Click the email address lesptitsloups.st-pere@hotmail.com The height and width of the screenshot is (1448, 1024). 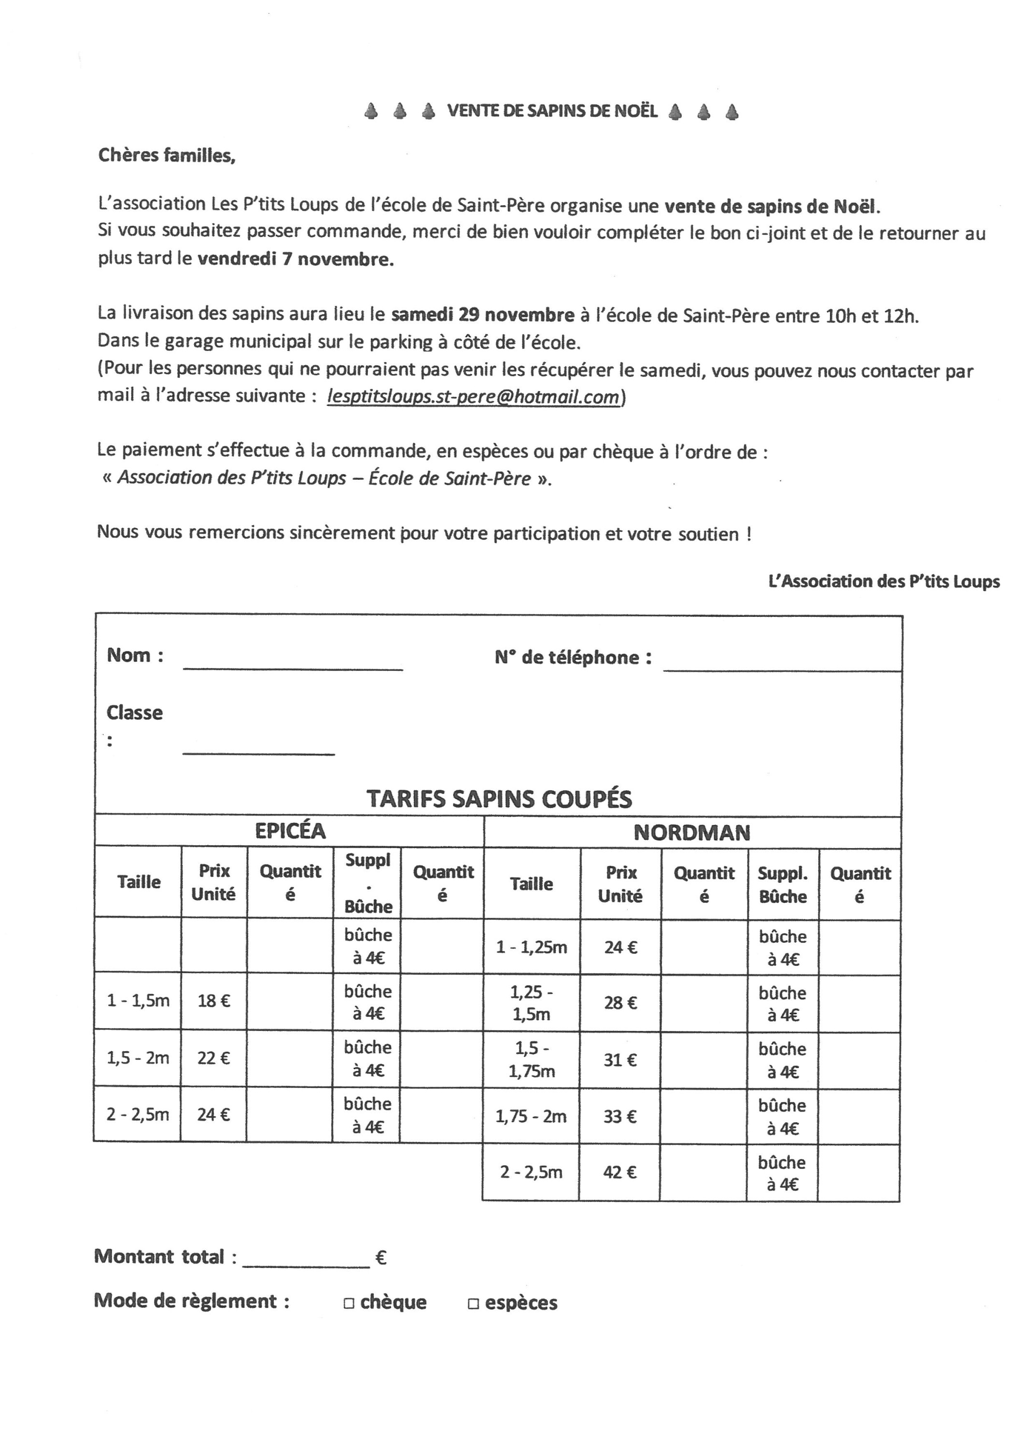point(473,397)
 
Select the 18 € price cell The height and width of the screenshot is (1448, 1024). point(214,1001)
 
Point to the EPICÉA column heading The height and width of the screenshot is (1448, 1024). point(290,831)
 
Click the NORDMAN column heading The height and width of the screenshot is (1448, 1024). point(692,833)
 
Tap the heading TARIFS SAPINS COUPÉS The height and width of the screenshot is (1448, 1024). point(499,799)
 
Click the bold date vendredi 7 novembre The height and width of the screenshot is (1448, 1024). point(295,259)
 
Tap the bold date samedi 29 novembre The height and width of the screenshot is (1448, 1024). point(483,315)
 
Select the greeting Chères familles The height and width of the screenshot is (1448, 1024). point(167,155)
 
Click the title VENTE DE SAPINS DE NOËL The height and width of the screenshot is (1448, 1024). point(552,111)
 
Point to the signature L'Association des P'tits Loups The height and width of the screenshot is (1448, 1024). point(884,582)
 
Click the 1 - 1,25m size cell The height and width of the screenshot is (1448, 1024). point(531,947)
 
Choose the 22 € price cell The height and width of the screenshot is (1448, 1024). point(214,1058)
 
